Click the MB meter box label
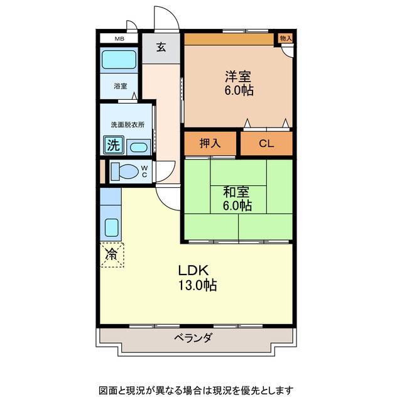coord(119,39)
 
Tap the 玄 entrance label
coord(161,47)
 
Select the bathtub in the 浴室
coord(119,60)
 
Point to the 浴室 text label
coord(121,86)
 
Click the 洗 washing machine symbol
coord(114,145)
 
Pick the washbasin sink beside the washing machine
coord(138,148)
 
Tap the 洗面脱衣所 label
coord(128,125)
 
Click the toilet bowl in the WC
coord(125,171)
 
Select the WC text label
coord(144,171)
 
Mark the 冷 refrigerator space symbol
coord(112,255)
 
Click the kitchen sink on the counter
coord(112,227)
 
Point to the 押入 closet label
coord(210,143)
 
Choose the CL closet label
coord(266,144)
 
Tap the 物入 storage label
coord(286,38)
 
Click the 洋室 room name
coord(238,76)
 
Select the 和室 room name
coord(236,192)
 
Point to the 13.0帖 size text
coord(198,285)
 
